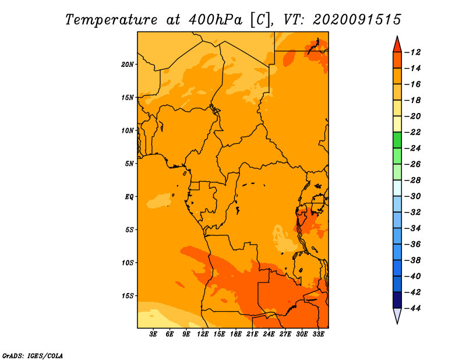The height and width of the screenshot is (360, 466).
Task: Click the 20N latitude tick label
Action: [x=127, y=65]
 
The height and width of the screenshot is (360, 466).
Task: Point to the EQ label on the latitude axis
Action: [x=129, y=197]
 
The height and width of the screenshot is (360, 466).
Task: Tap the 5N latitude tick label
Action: [x=129, y=164]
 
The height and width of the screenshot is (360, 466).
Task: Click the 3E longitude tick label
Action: [x=153, y=334]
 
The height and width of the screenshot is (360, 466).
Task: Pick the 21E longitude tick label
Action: [x=252, y=334]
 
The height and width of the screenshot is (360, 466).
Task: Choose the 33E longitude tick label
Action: [x=318, y=334]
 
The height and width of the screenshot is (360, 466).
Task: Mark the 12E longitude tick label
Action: [x=202, y=334]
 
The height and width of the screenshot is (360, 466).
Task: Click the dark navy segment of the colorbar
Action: [x=397, y=300]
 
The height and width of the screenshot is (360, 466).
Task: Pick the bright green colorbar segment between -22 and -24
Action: [x=397, y=140]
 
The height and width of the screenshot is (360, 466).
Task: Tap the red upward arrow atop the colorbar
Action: [x=397, y=45]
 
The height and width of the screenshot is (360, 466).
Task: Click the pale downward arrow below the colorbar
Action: [x=397, y=316]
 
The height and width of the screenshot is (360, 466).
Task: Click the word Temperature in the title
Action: [x=111, y=20]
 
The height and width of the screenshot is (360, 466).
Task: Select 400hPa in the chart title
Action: [x=215, y=20]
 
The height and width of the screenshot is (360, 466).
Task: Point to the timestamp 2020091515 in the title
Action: [x=357, y=20]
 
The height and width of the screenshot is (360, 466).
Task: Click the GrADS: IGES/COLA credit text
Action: [x=33, y=356]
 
